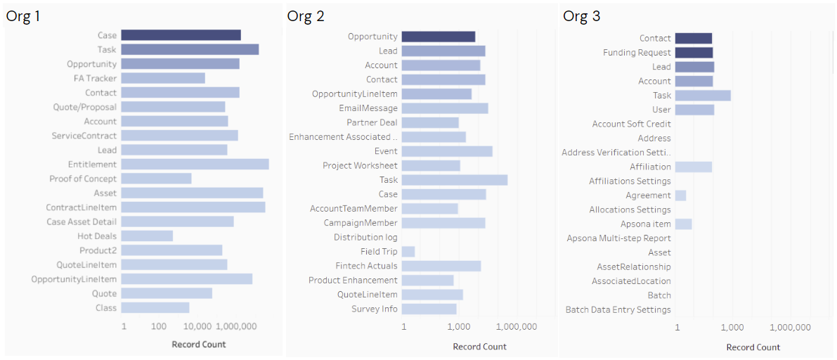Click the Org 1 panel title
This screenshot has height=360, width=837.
point(23,16)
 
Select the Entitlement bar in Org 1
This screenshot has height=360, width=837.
point(195,164)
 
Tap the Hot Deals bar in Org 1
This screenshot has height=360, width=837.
point(147,236)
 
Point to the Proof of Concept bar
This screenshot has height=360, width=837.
point(156,179)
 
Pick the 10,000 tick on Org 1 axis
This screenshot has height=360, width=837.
point(197,327)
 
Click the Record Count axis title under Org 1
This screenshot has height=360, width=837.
point(199,345)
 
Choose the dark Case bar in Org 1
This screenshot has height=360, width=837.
point(181,35)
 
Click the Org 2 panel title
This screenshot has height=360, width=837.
point(306,16)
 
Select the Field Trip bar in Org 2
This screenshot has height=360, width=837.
point(408,252)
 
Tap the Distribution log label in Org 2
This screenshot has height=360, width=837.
point(365,238)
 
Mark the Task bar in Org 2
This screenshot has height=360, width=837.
point(454,180)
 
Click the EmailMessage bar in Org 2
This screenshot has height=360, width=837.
point(444,108)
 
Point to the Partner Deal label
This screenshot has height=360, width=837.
point(372,122)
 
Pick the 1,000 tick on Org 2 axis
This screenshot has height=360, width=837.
point(458,327)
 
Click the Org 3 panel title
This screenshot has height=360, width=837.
point(581,16)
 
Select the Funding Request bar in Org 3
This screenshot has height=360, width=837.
point(694,53)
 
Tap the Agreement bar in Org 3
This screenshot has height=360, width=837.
point(680,195)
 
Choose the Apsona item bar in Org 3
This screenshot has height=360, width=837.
point(683,224)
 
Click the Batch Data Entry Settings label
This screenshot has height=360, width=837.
point(618,309)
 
